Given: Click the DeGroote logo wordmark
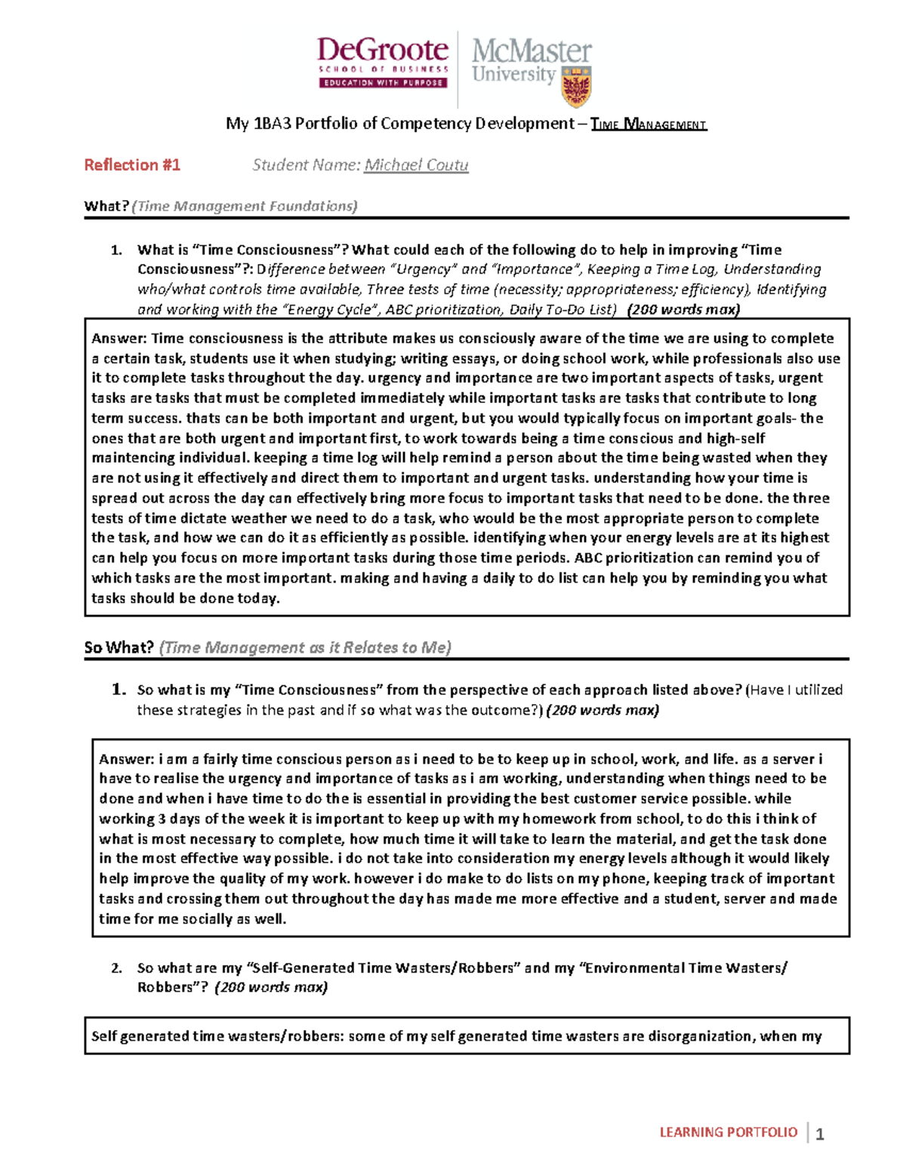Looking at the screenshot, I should click(x=382, y=51).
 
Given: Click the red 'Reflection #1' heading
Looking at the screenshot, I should click(x=132, y=165).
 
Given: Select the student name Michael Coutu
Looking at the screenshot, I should click(x=416, y=165).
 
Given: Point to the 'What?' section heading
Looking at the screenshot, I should click(x=106, y=206).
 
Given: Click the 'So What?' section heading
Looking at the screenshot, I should click(x=119, y=648).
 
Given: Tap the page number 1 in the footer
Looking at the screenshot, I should click(x=820, y=1134).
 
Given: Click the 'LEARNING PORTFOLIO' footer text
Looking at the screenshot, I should click(x=728, y=1132).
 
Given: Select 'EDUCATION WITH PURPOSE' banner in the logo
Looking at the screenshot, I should click(x=384, y=83).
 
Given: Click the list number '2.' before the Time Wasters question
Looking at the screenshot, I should click(x=116, y=968).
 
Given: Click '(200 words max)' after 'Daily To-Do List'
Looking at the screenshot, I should click(x=684, y=309).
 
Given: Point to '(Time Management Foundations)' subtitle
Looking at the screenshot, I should click(x=244, y=206).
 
